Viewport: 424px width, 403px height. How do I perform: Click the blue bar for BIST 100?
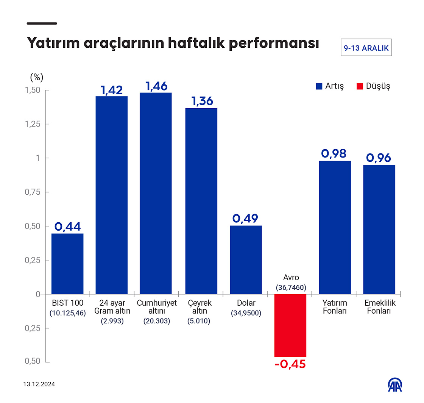pyautogui.click(x=67, y=264)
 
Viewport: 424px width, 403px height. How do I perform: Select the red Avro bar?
pyautogui.click(x=290, y=325)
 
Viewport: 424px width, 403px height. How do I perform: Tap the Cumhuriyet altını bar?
pyautogui.click(x=156, y=193)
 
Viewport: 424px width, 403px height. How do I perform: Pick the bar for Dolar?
pyautogui.click(x=246, y=260)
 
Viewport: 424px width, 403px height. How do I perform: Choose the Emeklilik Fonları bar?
pyautogui.click(x=379, y=230)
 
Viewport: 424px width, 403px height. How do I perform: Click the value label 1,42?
pyautogui.click(x=112, y=90)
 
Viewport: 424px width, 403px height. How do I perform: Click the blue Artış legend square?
pyautogui.click(x=319, y=86)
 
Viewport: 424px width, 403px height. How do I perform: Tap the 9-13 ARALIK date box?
pyautogui.click(x=366, y=48)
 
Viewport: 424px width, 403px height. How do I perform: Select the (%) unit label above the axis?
pyautogui.click(x=37, y=77)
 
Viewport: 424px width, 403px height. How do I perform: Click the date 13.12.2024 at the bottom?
pyautogui.click(x=39, y=384)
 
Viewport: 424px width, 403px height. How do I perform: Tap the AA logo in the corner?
pyautogui.click(x=395, y=385)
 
